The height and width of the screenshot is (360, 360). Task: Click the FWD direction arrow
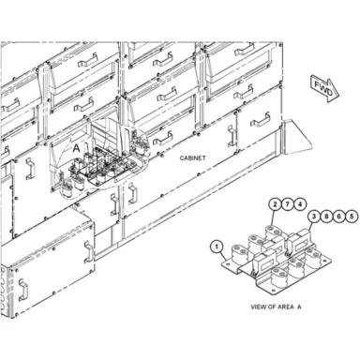point(325,88)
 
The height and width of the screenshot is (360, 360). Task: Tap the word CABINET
point(192,158)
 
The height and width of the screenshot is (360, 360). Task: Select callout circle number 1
point(216,247)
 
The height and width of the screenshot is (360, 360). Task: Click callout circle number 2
point(275,204)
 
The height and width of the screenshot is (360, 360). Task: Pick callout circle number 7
point(288,204)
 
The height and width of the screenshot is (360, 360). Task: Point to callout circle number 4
point(300,204)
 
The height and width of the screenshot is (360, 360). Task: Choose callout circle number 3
point(314,216)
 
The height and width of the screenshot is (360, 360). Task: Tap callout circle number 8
point(326,216)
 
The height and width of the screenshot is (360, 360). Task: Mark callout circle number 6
point(339,216)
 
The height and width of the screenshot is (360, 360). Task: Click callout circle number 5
point(352,216)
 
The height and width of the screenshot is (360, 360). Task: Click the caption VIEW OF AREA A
point(276,307)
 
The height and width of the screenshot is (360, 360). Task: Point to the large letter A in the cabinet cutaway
point(76,149)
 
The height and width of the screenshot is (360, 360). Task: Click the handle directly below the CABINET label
point(133,194)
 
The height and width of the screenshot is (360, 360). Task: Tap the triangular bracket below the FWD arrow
point(296,137)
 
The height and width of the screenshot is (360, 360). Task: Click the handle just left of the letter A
point(29,169)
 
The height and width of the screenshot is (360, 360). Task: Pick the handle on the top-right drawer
point(245,50)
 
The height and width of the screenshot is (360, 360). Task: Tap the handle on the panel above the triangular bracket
point(261,120)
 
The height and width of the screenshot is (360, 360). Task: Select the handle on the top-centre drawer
point(163,59)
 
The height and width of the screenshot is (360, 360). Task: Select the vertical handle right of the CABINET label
point(231,136)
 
